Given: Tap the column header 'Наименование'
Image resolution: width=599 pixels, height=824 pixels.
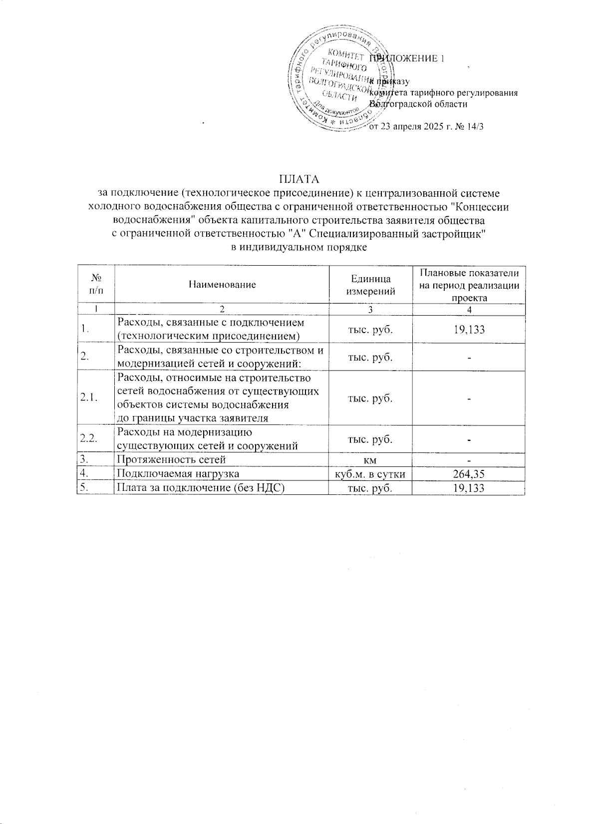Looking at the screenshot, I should coord(222,284).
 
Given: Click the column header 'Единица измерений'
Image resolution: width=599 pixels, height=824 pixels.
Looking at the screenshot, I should coord(370,284).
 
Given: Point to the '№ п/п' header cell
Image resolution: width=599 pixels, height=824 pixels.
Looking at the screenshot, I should coord(95,284).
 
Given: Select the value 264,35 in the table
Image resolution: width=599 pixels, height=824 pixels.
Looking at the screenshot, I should coord(469,473).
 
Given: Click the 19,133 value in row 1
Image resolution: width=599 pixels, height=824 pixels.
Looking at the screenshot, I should coord(469,330).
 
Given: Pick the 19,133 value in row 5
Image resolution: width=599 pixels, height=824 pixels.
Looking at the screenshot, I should coord(469,488).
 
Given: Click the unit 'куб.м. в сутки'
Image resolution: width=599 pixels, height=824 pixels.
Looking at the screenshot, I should coord(370,473).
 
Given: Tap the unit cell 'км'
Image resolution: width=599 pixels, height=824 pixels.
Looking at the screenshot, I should coord(370,459).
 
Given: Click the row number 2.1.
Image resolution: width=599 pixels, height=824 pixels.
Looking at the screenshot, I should coord(89,398).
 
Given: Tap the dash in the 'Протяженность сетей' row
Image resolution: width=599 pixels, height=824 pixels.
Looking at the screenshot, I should coord(469,460).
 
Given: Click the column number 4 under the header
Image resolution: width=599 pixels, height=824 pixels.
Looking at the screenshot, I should coord(469,310).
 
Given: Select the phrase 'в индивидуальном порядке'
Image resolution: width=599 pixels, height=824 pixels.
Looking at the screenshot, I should coord(299,247).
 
